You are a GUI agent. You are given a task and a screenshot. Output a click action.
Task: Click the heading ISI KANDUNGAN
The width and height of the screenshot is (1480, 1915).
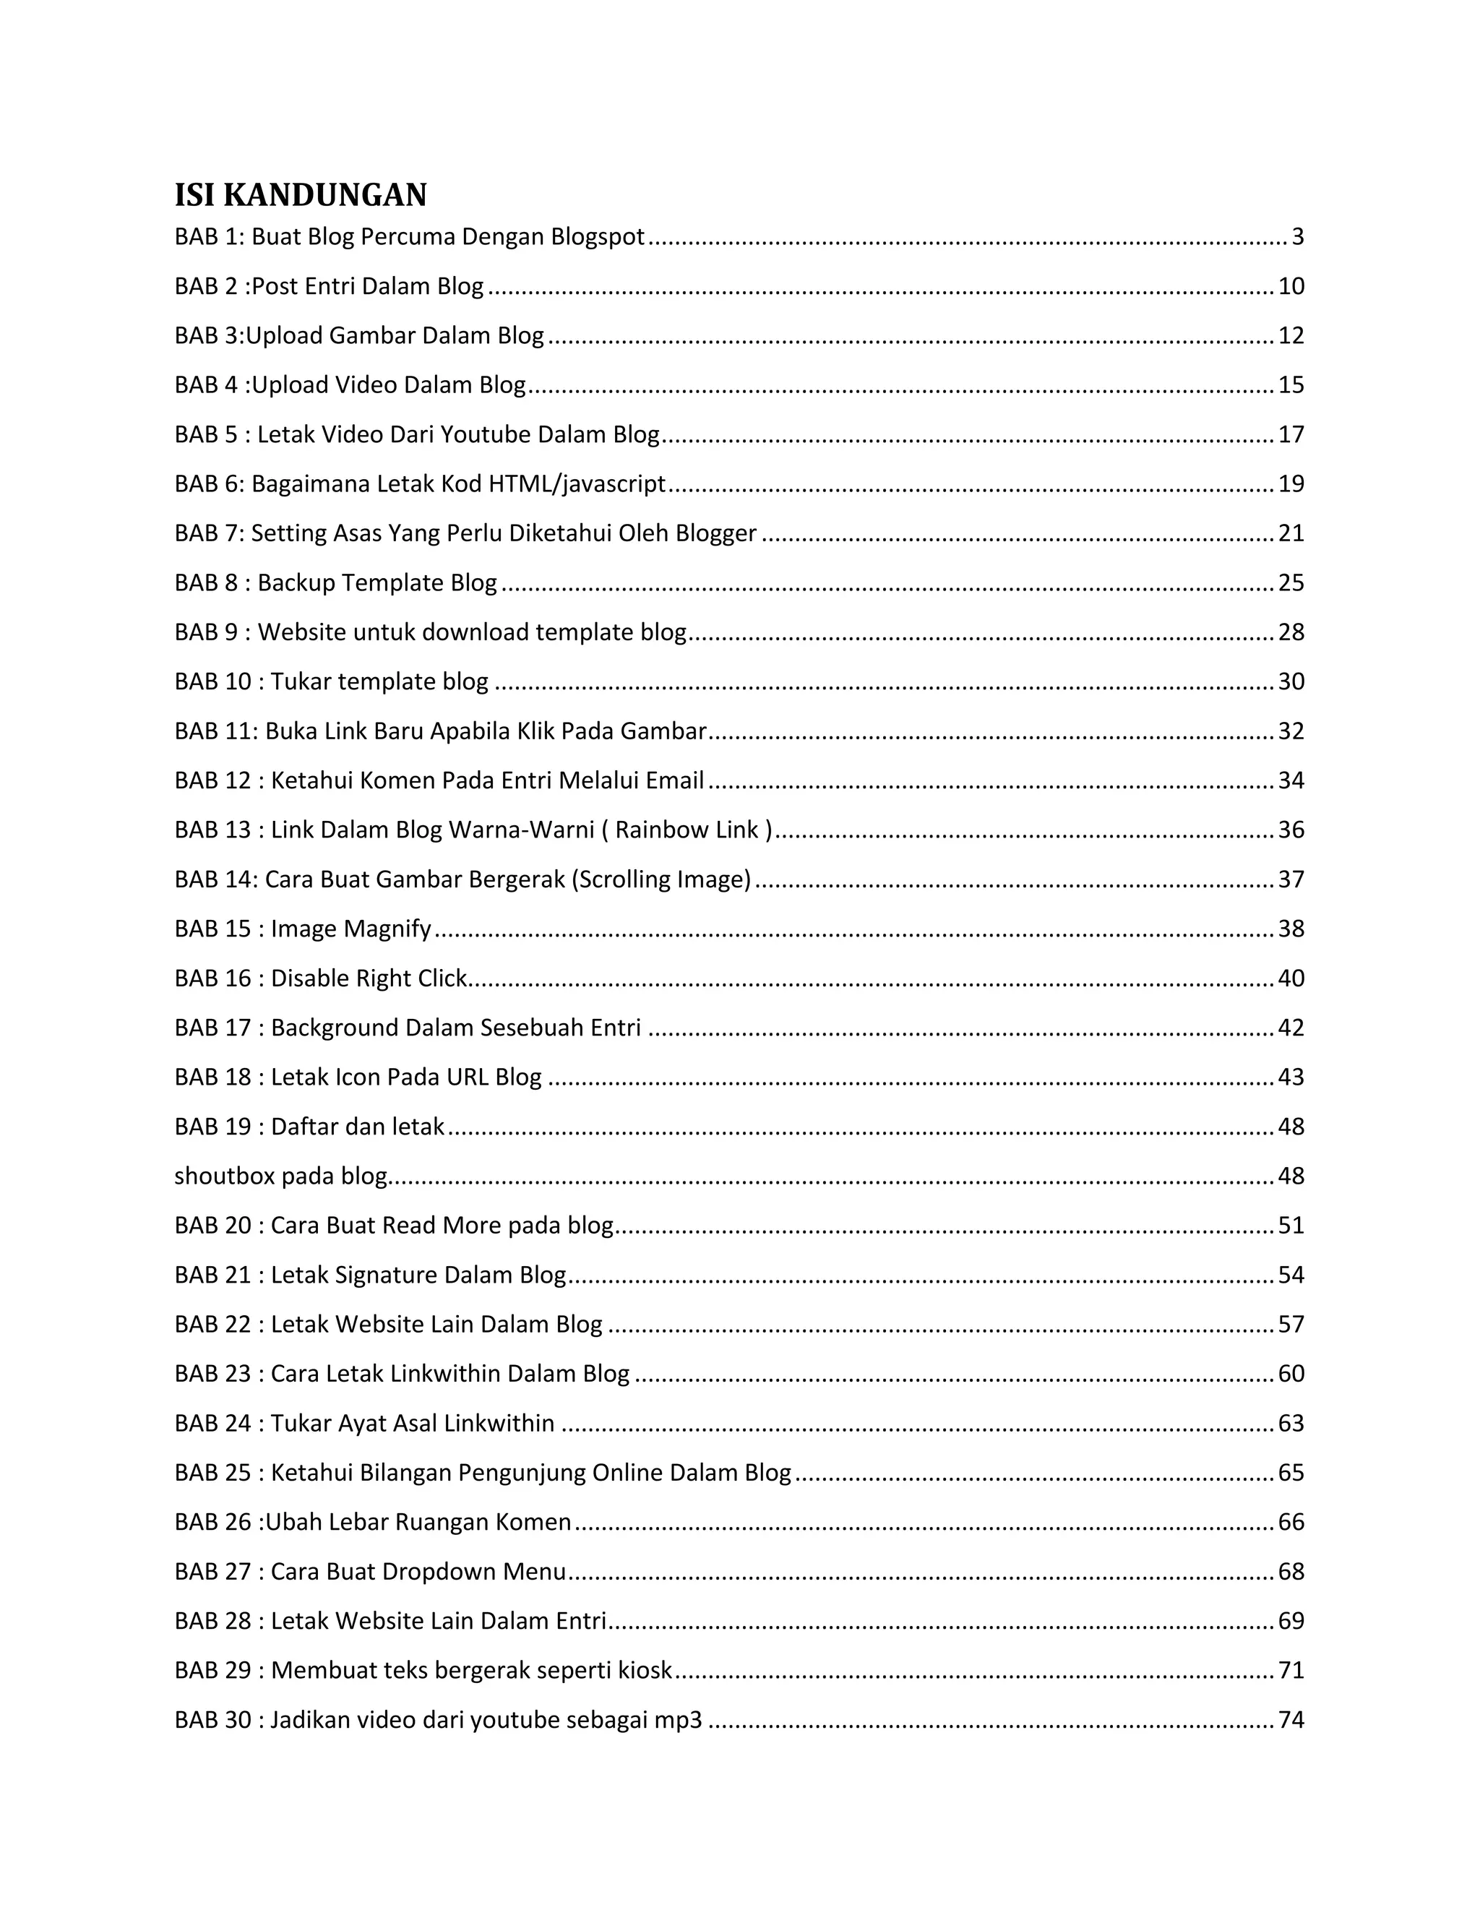pyautogui.click(x=300, y=194)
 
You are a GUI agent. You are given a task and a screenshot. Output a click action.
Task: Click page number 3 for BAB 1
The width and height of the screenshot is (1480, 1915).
pyautogui.click(x=1298, y=237)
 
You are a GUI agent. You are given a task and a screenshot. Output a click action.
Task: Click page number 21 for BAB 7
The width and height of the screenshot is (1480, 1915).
pyautogui.click(x=1291, y=533)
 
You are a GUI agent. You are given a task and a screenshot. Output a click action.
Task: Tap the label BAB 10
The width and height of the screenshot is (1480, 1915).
pyautogui.click(x=212, y=681)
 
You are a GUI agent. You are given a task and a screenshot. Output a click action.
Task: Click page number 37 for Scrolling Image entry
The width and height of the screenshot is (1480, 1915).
pyautogui.click(x=1291, y=879)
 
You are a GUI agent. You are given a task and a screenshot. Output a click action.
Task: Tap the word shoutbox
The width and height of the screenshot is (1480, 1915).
pyautogui.click(x=225, y=1176)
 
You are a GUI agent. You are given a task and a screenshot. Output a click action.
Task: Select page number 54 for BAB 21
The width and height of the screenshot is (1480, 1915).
pyautogui.click(x=1291, y=1275)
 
